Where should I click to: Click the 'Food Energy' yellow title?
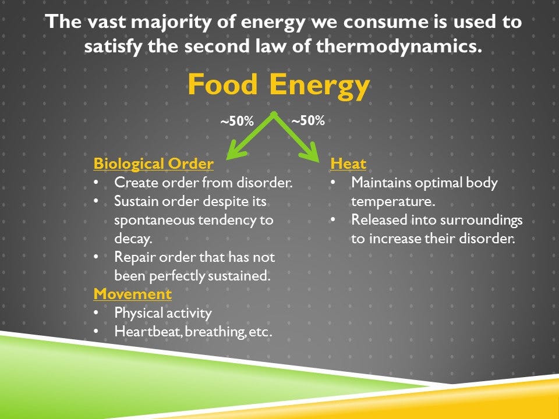pyautogui.click(x=278, y=86)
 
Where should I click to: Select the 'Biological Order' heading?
pyautogui.click(x=153, y=164)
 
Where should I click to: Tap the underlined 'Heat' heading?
pyautogui.click(x=348, y=164)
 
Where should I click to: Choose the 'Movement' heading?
pyautogui.click(x=133, y=294)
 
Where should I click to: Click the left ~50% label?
pyautogui.click(x=236, y=122)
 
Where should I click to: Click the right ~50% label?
pyautogui.click(x=307, y=121)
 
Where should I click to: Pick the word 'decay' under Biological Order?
pyautogui.click(x=132, y=239)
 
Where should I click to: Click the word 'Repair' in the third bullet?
pyautogui.click(x=133, y=257)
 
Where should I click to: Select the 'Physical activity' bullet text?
pyautogui.click(x=162, y=313)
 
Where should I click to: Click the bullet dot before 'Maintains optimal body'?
pyautogui.click(x=334, y=183)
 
